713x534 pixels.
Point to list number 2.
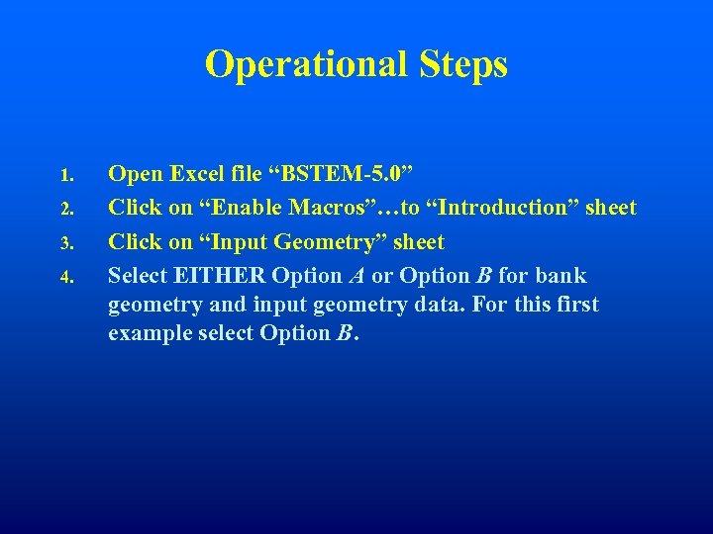coord(65,210)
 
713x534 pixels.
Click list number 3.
coord(65,243)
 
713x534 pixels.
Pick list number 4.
coord(65,277)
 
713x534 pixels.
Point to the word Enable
coord(242,209)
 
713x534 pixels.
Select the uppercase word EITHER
coord(220,275)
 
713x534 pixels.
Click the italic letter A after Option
coord(357,275)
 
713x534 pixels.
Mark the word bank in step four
coord(560,275)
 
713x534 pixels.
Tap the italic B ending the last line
coord(343,333)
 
